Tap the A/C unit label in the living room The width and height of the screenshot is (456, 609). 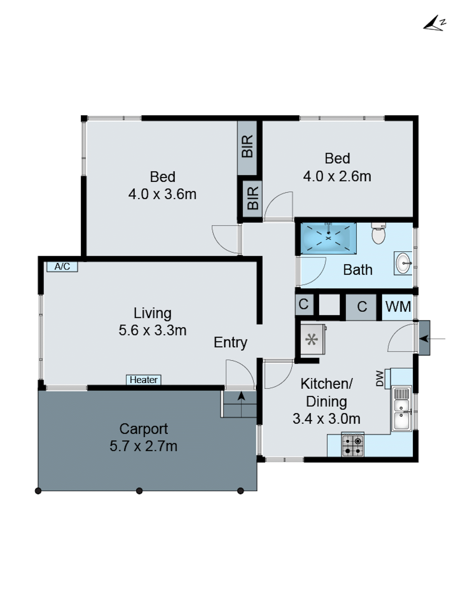tap(62, 266)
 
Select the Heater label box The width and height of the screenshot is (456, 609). tap(143, 380)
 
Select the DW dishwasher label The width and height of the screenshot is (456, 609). tap(380, 379)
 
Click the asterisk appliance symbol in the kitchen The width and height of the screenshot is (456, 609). tap(311, 339)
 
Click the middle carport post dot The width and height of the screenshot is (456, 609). tap(139, 491)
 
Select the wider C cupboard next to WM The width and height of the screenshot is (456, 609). tap(361, 306)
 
